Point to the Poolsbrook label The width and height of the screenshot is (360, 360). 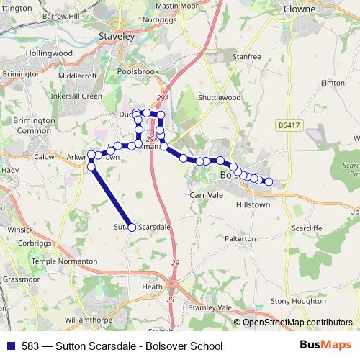(x=135, y=73)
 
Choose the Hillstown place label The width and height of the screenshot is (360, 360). (x=253, y=204)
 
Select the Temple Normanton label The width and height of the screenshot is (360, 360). (x=61, y=261)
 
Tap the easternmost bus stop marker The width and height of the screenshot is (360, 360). (x=269, y=181)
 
